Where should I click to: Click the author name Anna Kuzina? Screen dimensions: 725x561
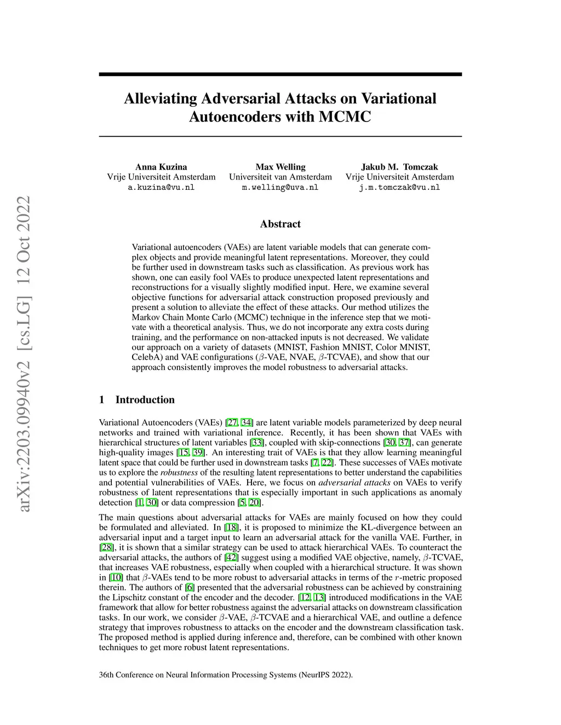point(161,167)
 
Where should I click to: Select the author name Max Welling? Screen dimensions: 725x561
point(280,167)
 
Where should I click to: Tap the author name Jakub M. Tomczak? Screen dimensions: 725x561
point(399,167)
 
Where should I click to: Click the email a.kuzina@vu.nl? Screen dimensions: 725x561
point(161,187)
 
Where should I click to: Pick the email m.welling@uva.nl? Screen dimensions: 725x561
point(280,187)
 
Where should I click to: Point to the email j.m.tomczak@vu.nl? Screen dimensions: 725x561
point(399,187)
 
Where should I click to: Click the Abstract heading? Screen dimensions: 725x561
point(280,224)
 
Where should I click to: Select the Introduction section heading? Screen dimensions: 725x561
point(145,400)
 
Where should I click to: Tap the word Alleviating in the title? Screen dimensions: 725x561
point(161,98)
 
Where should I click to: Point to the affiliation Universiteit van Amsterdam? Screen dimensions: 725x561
point(280,177)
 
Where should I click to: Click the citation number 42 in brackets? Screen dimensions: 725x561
point(232,558)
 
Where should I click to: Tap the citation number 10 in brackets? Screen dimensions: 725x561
point(116,578)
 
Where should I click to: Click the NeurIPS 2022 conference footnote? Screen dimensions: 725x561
point(226,675)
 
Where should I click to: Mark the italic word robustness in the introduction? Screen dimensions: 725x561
point(179,473)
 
